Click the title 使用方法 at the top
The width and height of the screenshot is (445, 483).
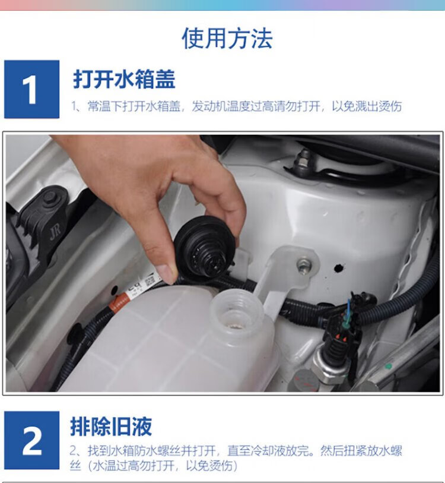point(227,38)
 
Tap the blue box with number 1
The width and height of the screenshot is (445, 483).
point(31,89)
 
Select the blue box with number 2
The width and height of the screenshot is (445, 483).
point(31,440)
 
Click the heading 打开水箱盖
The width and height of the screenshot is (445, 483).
point(124,79)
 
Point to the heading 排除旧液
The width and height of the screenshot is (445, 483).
point(111,427)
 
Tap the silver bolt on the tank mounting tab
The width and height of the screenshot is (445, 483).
point(304,264)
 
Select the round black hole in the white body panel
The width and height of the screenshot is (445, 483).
point(339,268)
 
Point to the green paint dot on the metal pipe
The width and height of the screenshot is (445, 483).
point(389,367)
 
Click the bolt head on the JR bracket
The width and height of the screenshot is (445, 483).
point(51,198)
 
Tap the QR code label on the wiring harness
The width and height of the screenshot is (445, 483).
point(150,281)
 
